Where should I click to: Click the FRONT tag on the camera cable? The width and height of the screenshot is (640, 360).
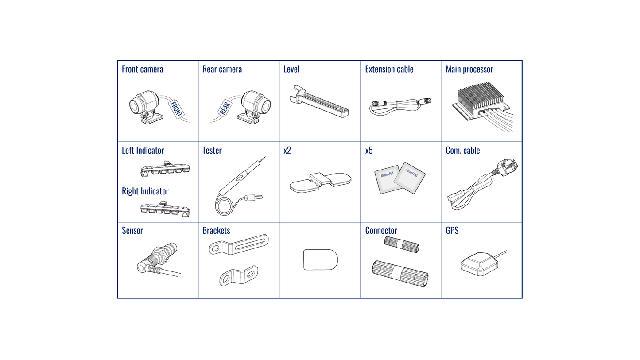coord(176,109)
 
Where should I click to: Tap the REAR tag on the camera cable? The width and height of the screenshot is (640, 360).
coord(225,108)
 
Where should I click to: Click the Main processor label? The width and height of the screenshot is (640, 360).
coord(469,69)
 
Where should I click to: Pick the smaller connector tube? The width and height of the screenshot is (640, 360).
coord(402,244)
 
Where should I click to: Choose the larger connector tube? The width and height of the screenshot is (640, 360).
coord(400,274)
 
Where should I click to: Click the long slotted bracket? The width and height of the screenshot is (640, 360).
coord(239,244)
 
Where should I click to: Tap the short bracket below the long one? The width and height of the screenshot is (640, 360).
coord(239,275)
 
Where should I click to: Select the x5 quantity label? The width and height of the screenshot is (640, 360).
coord(369,150)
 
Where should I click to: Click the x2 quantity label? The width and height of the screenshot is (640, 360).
coord(287,150)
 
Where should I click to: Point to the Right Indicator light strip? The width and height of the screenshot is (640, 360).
coord(165,209)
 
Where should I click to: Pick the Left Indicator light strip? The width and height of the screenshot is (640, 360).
coord(165,169)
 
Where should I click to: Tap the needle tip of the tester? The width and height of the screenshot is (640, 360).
coord(265,157)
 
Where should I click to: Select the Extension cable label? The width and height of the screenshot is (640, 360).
coord(389,69)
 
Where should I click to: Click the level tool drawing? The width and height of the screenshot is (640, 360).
coord(319,101)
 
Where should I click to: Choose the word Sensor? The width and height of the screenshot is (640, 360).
coord(132,231)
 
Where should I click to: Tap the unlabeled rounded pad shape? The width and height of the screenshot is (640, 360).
coord(320,260)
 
